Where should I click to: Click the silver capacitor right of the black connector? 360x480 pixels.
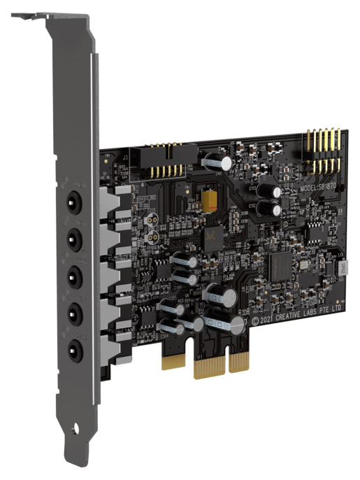(x=211, y=161)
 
